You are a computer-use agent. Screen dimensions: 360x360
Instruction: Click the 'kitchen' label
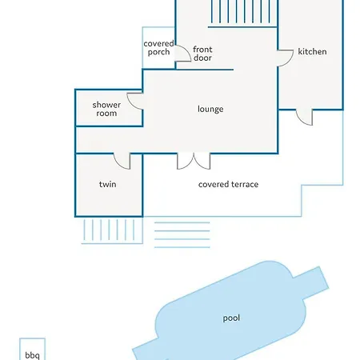pyautogui.click(x=312, y=51)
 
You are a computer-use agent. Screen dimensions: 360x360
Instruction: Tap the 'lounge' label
pyautogui.click(x=210, y=109)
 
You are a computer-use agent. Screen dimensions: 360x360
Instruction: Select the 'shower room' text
pyautogui.click(x=106, y=109)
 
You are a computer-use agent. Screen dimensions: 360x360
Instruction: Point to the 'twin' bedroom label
pyautogui.click(x=108, y=184)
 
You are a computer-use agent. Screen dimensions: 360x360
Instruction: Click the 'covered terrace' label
pyautogui.click(x=228, y=184)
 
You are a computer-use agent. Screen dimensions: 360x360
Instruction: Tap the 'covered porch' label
pyautogui.click(x=158, y=47)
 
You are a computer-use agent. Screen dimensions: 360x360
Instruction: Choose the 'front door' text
pyautogui.click(x=202, y=54)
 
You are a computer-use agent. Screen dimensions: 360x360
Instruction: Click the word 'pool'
pyautogui.click(x=231, y=318)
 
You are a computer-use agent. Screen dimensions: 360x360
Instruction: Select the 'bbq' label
pyautogui.click(x=32, y=355)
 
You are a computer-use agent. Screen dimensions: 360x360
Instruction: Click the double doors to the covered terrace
pyautogui.click(x=194, y=161)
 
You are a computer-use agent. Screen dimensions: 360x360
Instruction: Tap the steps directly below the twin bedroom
pyautogui.click(x=112, y=230)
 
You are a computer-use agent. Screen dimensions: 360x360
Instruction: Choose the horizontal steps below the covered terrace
pyautogui.click(x=182, y=234)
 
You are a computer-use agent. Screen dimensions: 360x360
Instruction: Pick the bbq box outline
pyautogui.click(x=20, y=350)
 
